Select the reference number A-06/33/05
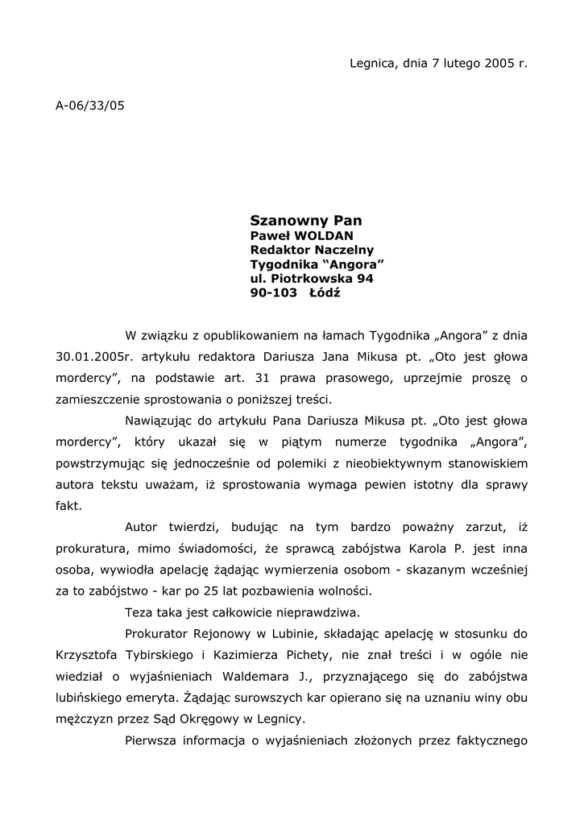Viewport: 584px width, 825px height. click(90, 105)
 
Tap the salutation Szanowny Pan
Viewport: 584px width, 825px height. click(306, 220)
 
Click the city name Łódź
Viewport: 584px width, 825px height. click(325, 293)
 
